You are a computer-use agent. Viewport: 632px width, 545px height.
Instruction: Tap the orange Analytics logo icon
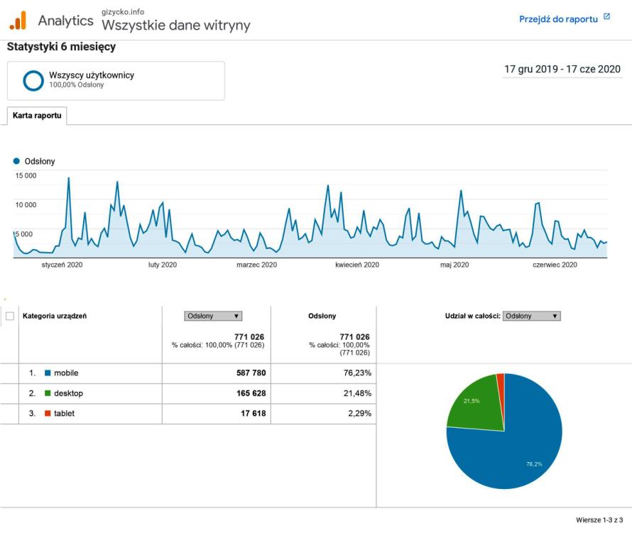click(18, 20)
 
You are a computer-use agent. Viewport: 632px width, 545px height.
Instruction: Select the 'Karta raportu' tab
click(36, 116)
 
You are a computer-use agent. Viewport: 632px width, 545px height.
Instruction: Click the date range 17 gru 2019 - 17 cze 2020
click(562, 69)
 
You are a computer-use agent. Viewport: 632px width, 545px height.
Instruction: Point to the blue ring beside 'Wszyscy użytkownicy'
click(33, 80)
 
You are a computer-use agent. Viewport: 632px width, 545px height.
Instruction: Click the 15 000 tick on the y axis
click(26, 175)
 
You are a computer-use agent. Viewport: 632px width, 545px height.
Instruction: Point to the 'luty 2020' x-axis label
click(163, 265)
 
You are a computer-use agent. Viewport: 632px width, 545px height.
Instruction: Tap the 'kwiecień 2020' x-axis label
click(357, 265)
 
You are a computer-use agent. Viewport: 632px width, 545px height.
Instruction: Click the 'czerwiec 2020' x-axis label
click(555, 265)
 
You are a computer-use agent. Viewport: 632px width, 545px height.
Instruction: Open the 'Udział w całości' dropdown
click(531, 316)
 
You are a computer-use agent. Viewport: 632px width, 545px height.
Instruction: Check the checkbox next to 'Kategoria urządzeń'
click(10, 316)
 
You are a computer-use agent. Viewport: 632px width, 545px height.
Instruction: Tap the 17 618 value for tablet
click(251, 414)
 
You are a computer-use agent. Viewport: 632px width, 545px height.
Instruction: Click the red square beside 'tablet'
click(48, 414)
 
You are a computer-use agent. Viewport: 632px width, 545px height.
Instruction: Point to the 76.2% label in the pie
click(534, 464)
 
